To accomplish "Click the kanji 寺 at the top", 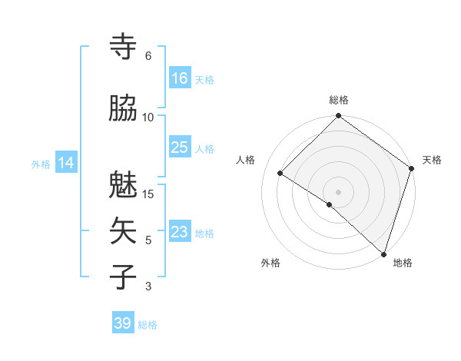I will pyautogui.click(x=124, y=47).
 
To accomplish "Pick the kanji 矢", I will pyautogui.click(x=124, y=231).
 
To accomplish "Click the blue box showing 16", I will pyautogui.click(x=180, y=78).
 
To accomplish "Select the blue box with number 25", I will pyautogui.click(x=180, y=147).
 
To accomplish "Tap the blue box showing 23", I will pyautogui.click(x=180, y=232).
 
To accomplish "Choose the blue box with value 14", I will pyautogui.click(x=65, y=163).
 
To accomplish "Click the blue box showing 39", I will pyautogui.click(x=123, y=323).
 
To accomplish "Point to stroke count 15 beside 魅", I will pyautogui.click(x=149, y=194).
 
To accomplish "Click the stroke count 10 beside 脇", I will pyautogui.click(x=148, y=117).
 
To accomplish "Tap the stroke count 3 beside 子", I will pyautogui.click(x=148, y=286).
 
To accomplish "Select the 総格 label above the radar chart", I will pyautogui.click(x=339, y=100).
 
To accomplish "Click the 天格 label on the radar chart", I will pyautogui.click(x=432, y=160).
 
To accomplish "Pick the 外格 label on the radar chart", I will pyautogui.click(x=270, y=263).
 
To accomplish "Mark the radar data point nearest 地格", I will pyautogui.click(x=383, y=253).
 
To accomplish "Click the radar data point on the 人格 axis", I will pyautogui.click(x=280, y=174).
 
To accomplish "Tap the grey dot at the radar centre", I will pyautogui.click(x=338, y=191).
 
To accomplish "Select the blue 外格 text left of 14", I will pyautogui.click(x=41, y=164).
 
